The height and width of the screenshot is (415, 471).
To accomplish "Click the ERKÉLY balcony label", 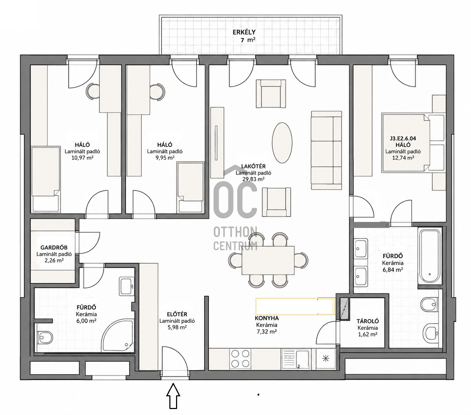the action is click(x=244, y=32).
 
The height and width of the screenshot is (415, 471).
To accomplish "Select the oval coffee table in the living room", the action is click(x=282, y=143).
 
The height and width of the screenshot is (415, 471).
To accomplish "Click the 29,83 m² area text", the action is click(x=250, y=179).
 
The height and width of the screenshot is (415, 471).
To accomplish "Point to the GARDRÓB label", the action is click(x=54, y=248).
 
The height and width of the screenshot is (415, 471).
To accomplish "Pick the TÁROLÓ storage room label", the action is click(x=368, y=321).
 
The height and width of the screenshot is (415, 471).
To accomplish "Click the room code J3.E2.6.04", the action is click(x=403, y=138).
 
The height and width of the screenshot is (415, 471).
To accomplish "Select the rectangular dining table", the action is click(x=268, y=260).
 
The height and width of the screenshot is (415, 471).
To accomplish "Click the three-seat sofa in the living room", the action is click(x=326, y=150).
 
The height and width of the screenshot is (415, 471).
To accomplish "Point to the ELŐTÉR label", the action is click(x=177, y=314).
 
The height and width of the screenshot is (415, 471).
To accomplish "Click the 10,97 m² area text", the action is click(x=83, y=158).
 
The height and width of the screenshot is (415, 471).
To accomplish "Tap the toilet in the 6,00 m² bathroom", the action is click(x=45, y=336).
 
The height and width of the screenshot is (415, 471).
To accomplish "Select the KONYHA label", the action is click(x=267, y=318).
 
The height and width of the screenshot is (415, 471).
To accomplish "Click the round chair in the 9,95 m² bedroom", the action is click(x=157, y=92).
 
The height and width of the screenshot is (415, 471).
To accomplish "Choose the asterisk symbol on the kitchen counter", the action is click(x=326, y=359).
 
